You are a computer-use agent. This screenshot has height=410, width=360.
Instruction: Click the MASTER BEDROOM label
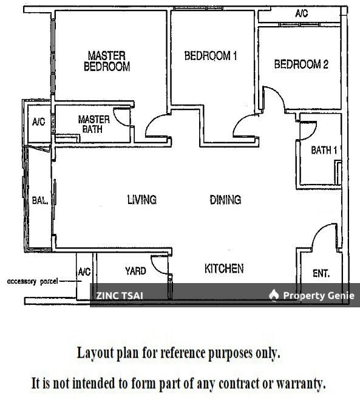[107, 61]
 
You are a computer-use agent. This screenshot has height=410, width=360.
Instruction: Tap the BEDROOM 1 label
[211, 56]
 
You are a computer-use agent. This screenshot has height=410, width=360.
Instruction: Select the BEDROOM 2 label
[301, 64]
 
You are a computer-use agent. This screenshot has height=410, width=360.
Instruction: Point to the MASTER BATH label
[93, 124]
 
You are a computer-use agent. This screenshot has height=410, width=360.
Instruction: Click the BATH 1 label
[324, 150]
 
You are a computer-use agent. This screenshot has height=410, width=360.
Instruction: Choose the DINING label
[225, 199]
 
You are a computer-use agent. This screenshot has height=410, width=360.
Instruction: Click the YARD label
[135, 271]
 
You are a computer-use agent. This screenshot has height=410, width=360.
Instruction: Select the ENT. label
[321, 274]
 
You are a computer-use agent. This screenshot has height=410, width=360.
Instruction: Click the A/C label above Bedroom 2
[302, 13]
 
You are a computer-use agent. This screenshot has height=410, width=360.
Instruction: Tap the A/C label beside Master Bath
[38, 122]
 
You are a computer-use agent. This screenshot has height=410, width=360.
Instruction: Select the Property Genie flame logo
[274, 295]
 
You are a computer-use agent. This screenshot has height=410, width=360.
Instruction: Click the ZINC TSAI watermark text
[119, 296]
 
